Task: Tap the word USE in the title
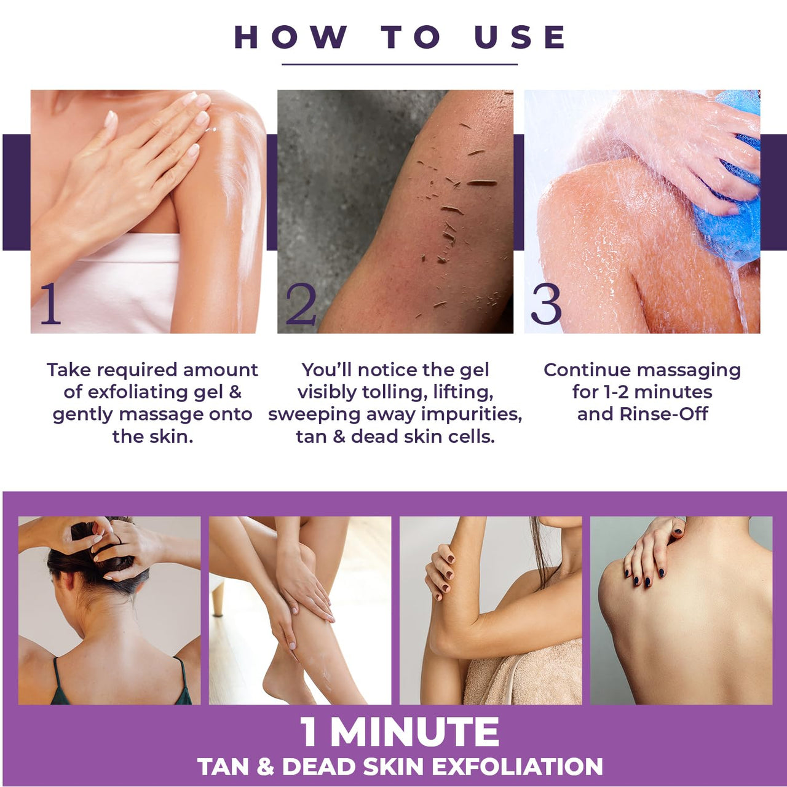click(520, 37)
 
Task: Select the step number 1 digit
click(50, 304)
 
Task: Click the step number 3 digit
click(546, 304)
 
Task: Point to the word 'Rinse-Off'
click(664, 414)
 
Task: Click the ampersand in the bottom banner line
click(265, 767)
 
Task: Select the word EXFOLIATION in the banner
click(517, 767)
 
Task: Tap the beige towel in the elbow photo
click(523, 673)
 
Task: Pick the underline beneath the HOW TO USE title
click(400, 64)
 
